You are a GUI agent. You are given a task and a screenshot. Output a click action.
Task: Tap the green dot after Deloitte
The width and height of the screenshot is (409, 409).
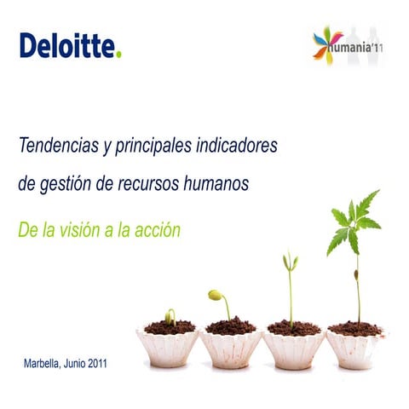tap(119, 54)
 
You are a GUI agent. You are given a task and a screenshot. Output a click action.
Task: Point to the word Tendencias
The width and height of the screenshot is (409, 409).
tap(55, 147)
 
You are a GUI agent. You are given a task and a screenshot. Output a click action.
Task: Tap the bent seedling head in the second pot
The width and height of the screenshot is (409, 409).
tap(216, 295)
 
